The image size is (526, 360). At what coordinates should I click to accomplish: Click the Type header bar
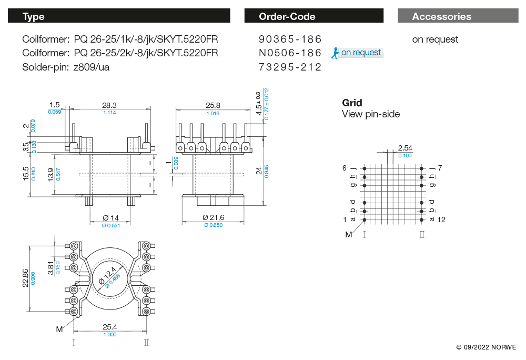(119, 16)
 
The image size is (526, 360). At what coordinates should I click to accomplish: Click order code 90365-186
(290, 39)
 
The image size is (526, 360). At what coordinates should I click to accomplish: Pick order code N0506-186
(290, 53)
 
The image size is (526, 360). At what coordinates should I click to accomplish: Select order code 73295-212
(290, 67)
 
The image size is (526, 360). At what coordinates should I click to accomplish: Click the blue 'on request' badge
(361, 53)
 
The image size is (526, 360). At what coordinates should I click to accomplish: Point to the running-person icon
(335, 52)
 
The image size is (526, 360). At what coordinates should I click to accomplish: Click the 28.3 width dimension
(109, 105)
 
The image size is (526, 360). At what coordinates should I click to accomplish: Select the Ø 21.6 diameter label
(214, 217)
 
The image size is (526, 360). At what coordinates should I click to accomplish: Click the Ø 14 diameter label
(110, 218)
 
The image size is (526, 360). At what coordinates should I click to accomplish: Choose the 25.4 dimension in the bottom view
(110, 327)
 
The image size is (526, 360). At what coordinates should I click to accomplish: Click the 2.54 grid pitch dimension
(405, 148)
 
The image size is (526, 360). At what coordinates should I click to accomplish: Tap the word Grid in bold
(352, 103)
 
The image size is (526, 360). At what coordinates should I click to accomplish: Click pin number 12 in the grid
(441, 219)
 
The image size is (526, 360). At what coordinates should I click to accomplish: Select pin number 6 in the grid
(345, 168)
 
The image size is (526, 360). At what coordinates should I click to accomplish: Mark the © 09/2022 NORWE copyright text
(486, 347)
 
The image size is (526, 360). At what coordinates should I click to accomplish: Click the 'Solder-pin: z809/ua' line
(66, 67)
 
